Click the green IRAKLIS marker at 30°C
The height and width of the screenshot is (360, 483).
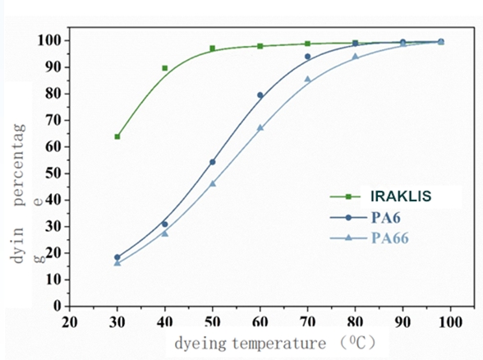click(x=117, y=136)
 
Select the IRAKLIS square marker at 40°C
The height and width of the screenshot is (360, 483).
click(x=165, y=68)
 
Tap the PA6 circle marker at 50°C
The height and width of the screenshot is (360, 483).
click(x=213, y=162)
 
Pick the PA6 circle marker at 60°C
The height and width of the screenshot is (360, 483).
click(x=260, y=95)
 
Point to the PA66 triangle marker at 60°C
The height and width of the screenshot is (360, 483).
click(x=260, y=127)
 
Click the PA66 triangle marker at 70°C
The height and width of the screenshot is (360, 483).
click(x=308, y=79)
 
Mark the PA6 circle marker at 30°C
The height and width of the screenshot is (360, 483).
click(x=117, y=257)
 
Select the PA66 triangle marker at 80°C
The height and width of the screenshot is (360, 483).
click(x=355, y=57)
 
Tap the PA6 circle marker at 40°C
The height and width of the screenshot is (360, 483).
click(x=165, y=224)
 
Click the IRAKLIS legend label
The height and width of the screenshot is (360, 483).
click(x=401, y=196)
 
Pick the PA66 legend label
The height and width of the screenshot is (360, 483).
click(x=390, y=238)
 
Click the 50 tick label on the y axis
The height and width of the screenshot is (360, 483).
click(x=53, y=173)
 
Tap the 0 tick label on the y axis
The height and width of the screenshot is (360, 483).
click(x=57, y=306)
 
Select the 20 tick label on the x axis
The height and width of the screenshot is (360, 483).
click(x=70, y=322)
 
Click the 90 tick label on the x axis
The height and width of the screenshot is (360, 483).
click(x=402, y=322)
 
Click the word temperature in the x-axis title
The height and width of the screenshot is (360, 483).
click(x=279, y=344)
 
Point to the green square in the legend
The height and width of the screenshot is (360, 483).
click(x=348, y=196)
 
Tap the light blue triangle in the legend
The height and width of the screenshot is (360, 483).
click(x=348, y=238)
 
